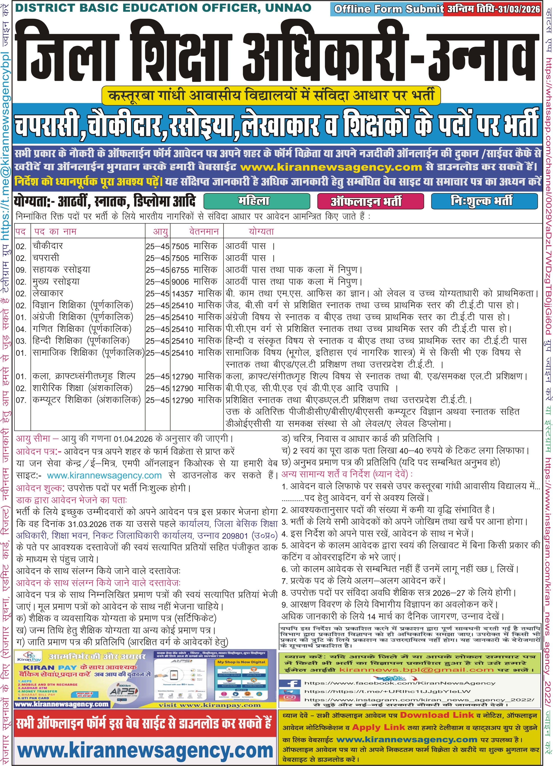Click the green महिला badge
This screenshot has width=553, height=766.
coord(257,201)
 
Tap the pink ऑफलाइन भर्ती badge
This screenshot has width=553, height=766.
coord(370,201)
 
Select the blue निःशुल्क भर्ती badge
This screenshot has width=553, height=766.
coord(484,201)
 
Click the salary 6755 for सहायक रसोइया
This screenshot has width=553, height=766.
coord(180,270)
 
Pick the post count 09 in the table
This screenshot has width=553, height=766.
coord(21,270)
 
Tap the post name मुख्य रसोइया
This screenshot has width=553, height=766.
coord(56,281)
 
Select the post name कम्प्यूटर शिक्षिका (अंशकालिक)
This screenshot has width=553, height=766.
coord(86,400)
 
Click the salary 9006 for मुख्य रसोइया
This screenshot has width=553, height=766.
coord(180,282)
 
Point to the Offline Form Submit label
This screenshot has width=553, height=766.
coord(388,9)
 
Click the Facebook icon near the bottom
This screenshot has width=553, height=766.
coord(290,684)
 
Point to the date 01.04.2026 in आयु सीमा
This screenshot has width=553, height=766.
coord(133,439)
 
